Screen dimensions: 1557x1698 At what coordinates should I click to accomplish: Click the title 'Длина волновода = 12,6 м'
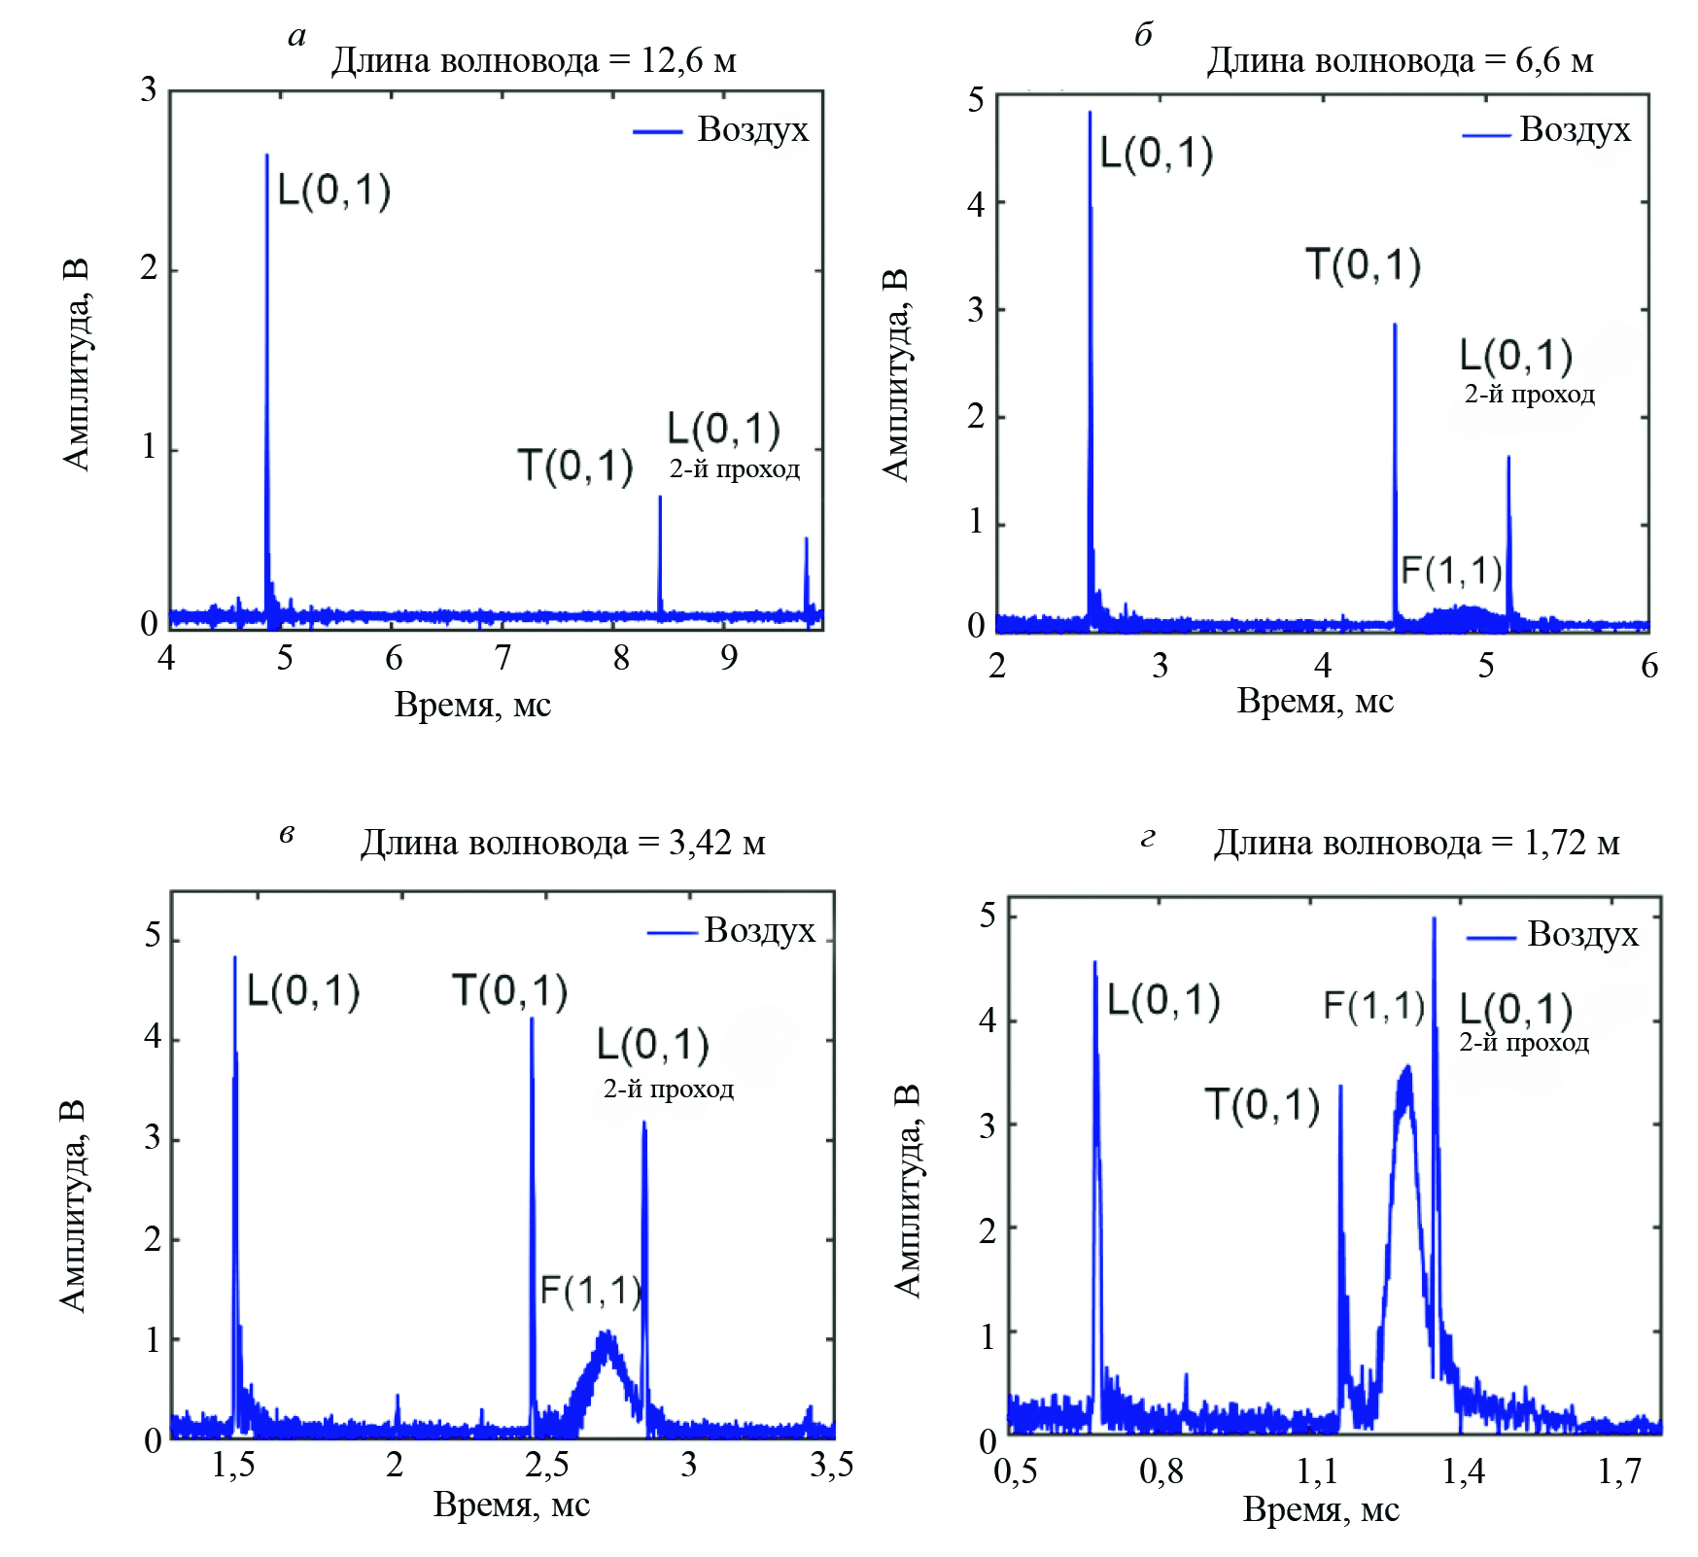(533, 61)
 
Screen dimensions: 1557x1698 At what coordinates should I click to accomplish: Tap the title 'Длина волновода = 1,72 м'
(1416, 843)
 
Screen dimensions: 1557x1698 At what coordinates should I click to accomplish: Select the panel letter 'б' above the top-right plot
(1144, 35)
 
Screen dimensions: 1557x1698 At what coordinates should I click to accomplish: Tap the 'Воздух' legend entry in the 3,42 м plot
(759, 930)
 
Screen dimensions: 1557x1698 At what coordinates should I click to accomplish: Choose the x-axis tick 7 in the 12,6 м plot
(502, 659)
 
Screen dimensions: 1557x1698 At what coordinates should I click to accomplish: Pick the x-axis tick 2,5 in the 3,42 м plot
(546, 1465)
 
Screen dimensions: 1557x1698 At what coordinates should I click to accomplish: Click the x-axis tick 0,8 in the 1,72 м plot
(1161, 1471)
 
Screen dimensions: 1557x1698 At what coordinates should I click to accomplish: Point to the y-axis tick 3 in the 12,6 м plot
(148, 90)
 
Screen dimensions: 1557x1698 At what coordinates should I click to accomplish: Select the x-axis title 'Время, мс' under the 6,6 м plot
(1315, 701)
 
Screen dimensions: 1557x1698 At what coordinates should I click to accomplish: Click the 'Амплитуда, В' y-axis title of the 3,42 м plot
(74, 1206)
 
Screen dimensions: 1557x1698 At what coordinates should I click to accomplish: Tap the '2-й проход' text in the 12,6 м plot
(735, 469)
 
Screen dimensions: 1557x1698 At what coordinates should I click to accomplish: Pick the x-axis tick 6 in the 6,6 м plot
(1649, 666)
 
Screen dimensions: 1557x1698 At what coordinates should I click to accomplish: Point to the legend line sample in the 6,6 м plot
(1486, 135)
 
